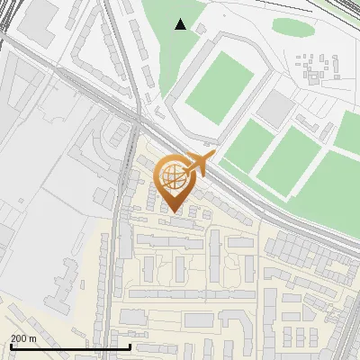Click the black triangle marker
click(x=181, y=25)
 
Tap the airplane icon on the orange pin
click(x=198, y=165)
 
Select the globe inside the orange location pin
click(x=172, y=175)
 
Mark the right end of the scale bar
click(x=131, y=346)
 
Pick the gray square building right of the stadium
click(x=277, y=109)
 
